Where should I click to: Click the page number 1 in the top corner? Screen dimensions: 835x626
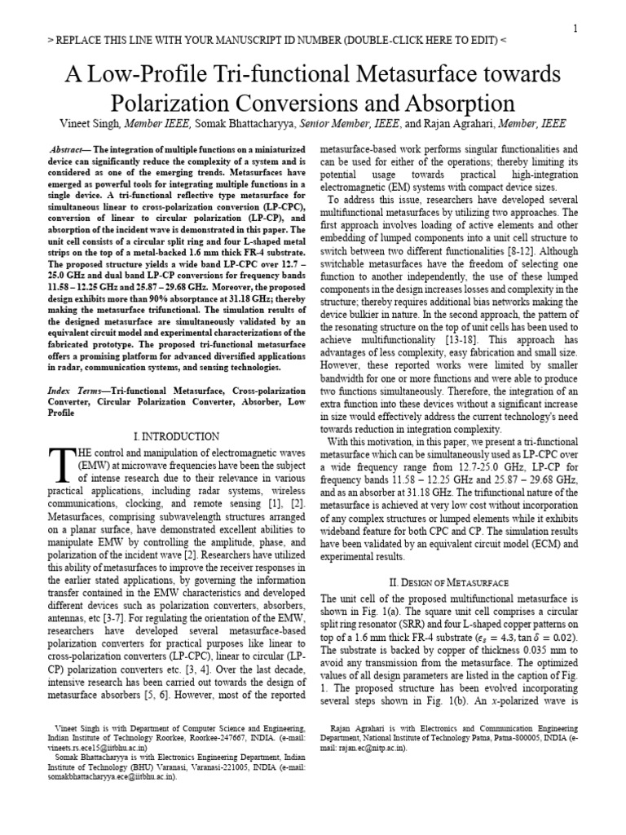coord(575,29)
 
